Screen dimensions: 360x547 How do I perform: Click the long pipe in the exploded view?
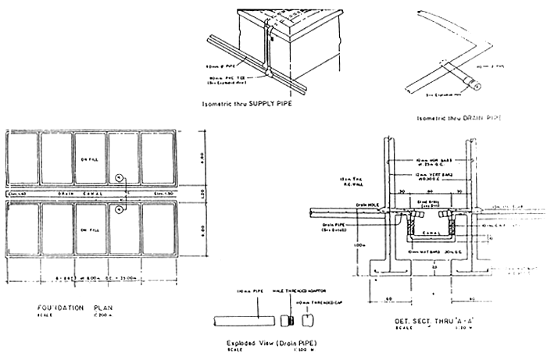[245, 321]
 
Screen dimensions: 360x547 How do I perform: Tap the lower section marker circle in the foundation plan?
[119, 209]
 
